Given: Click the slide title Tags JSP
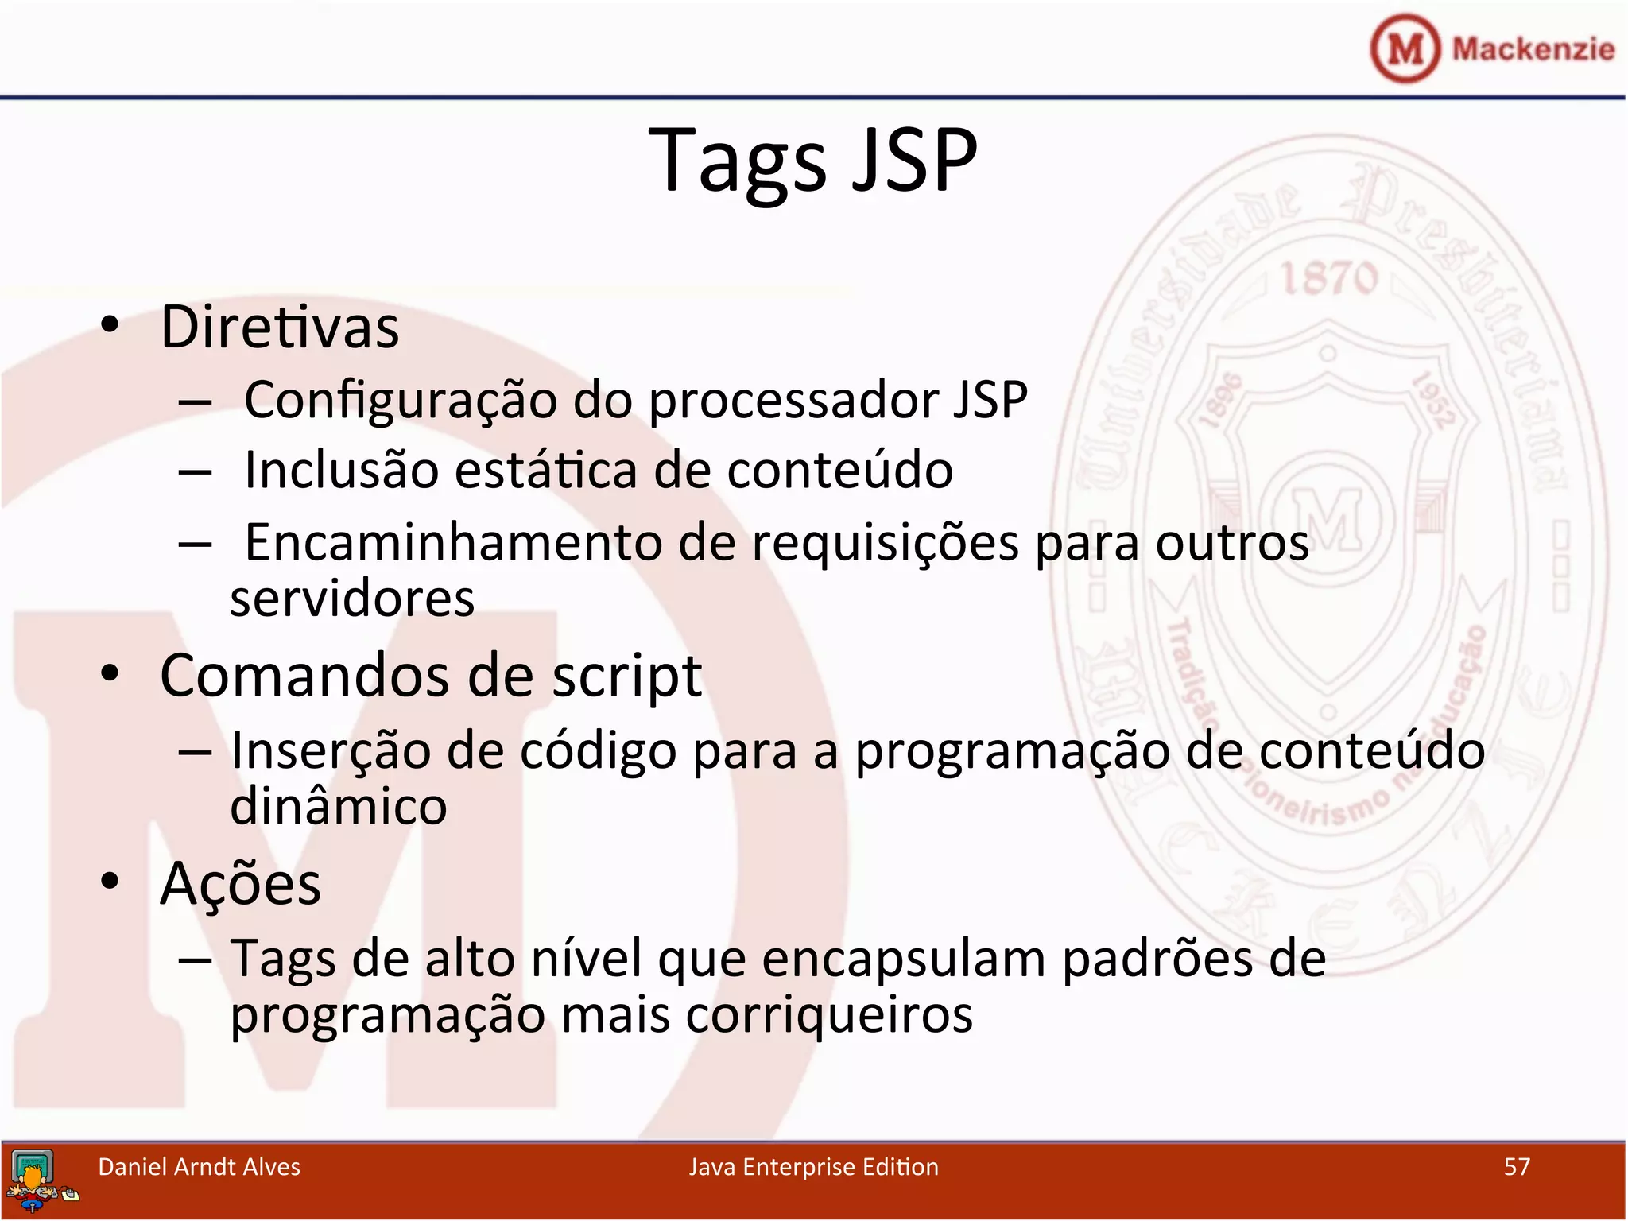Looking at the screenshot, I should click(812, 161).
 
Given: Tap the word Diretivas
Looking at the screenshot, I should click(280, 327).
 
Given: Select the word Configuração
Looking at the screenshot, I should click(401, 400).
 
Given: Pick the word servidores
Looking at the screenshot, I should click(352, 599).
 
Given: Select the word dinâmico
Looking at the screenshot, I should click(339, 807).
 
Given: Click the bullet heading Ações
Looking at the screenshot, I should click(240, 884).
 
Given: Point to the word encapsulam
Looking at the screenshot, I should click(904, 959).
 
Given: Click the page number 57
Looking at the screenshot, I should click(1517, 1167).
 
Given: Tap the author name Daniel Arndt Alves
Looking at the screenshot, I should click(199, 1167).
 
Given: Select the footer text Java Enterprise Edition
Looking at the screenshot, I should click(813, 1167).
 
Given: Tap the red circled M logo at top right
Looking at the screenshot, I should click(1405, 48).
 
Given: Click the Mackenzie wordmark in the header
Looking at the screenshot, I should click(1533, 49).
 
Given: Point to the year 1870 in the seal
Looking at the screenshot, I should click(1328, 279).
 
